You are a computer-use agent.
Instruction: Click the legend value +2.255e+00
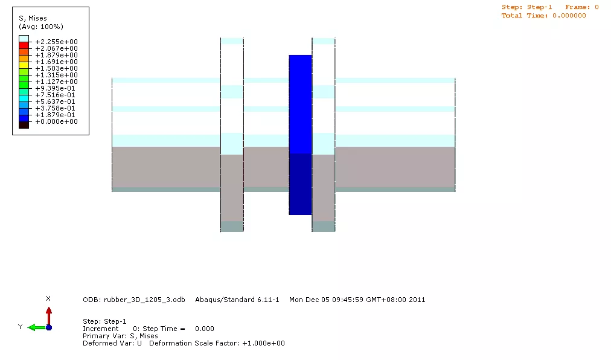57,42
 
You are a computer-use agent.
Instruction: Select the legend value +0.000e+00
57,121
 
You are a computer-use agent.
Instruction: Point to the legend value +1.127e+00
57,82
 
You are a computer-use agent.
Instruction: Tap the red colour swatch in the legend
24,45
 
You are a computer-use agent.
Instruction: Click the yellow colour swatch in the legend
24,65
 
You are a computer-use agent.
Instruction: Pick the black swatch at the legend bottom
24,125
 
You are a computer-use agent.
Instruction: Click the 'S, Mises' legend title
33,18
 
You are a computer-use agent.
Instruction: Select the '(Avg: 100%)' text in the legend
41,27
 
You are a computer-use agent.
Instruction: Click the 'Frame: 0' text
582,7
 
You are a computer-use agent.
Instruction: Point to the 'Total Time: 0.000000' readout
543,16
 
